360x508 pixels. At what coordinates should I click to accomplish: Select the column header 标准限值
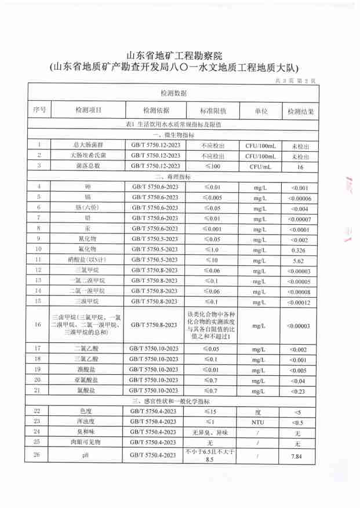point(213,110)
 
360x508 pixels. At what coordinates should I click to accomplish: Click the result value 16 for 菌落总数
point(300,166)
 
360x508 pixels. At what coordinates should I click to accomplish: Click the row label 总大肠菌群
point(86,145)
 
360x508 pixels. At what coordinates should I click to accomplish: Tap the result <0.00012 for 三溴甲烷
point(300,302)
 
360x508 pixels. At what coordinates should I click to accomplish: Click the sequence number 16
point(38,325)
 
